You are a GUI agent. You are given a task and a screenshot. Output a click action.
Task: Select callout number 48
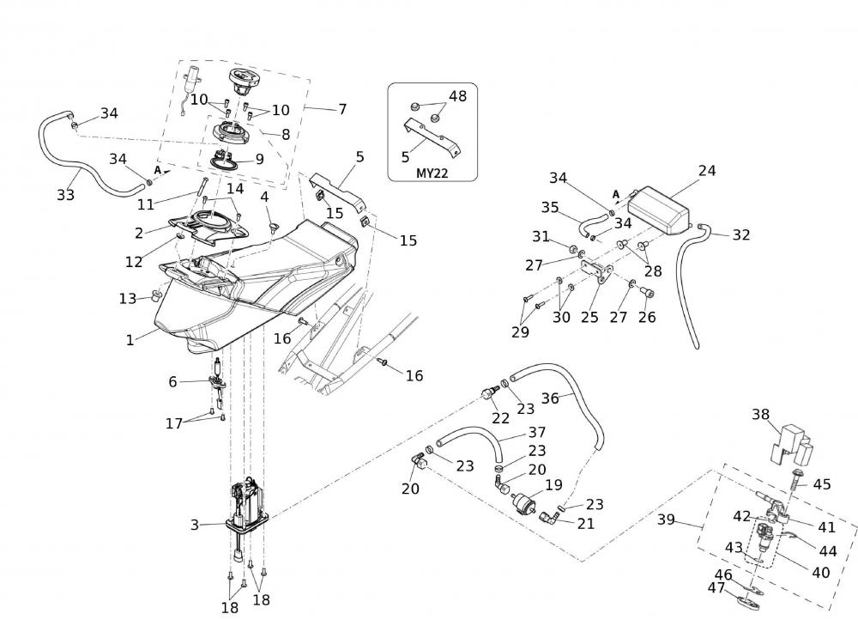click(458, 96)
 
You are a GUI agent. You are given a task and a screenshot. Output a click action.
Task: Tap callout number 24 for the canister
click(707, 171)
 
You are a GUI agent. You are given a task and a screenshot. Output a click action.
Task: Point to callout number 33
click(66, 195)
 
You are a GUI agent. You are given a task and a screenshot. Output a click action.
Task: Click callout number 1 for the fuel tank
click(130, 339)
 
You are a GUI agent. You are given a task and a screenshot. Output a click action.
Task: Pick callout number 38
click(760, 414)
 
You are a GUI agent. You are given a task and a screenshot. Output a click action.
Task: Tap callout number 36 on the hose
click(550, 398)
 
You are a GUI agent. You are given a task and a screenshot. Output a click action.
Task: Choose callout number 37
click(536, 432)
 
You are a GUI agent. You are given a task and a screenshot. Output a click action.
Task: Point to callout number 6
click(172, 381)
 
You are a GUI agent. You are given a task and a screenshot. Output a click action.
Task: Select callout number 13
click(128, 298)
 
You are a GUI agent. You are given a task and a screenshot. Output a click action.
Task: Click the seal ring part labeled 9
click(227, 160)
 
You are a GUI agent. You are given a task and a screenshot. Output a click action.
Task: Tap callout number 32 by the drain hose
click(741, 234)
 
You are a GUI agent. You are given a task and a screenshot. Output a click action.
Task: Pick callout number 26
click(646, 317)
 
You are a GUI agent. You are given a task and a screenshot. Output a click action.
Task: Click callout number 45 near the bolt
click(821, 484)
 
